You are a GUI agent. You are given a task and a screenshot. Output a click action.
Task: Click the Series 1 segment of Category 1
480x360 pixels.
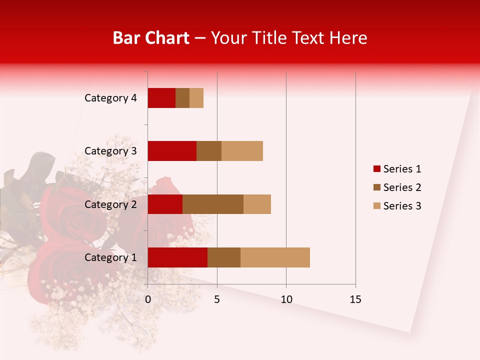click(177, 257)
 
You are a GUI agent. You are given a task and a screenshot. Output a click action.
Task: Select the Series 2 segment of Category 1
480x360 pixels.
click(224, 257)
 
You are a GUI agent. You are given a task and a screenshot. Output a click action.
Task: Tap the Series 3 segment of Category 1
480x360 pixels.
click(275, 257)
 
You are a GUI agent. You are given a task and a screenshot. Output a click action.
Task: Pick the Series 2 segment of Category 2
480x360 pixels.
click(213, 204)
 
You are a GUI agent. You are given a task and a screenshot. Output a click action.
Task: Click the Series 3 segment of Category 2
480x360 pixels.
click(257, 204)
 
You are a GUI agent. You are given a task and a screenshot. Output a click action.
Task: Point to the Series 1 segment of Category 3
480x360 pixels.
click(172, 151)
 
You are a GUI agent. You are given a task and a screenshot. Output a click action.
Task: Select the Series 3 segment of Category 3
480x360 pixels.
click(242, 151)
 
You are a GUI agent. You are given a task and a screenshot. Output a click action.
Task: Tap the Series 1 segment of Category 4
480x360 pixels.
click(161, 98)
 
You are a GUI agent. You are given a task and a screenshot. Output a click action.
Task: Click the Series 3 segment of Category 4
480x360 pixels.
click(196, 98)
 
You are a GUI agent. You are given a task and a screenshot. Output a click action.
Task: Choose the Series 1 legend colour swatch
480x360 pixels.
click(377, 169)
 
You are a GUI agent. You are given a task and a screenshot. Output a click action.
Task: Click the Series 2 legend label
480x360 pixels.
click(402, 187)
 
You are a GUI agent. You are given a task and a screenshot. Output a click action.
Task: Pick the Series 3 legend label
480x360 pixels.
click(402, 206)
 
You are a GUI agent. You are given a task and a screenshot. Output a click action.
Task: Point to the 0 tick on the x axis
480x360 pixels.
click(148, 299)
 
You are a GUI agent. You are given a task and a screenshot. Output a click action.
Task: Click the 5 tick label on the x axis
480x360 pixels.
click(217, 299)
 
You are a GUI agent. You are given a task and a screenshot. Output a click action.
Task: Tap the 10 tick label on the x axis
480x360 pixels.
click(286, 299)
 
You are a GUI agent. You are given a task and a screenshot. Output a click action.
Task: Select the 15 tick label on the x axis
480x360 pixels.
click(355, 299)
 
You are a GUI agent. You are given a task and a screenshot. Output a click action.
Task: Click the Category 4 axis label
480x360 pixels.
click(110, 98)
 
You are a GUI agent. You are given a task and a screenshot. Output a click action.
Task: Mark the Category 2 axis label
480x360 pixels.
click(110, 204)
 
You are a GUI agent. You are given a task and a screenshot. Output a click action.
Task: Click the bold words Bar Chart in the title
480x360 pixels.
click(150, 38)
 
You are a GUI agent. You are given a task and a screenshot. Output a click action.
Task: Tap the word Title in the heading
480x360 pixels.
click(268, 38)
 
